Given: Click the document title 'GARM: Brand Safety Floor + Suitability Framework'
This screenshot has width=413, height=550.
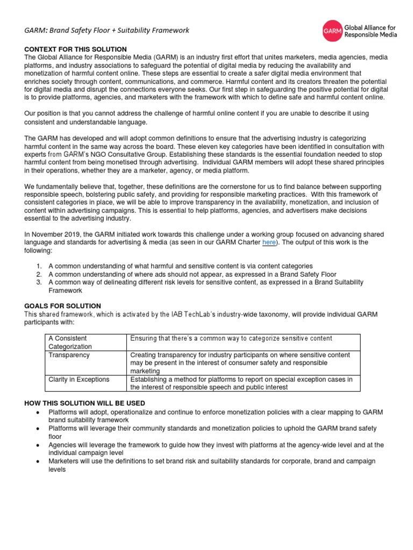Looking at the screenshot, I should tap(107, 31).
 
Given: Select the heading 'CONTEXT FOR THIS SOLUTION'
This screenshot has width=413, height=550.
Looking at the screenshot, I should tap(76, 49).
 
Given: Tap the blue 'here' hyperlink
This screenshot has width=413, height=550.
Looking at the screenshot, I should tap(268, 243).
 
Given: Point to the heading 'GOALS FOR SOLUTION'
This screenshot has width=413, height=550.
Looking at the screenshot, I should tap(62, 306).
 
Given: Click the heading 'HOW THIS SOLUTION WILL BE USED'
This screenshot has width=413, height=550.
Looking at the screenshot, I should tap(85, 403).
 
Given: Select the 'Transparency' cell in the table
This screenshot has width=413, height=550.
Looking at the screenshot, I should tap(69, 356).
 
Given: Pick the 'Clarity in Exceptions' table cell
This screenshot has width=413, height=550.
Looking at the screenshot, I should tap(79, 379).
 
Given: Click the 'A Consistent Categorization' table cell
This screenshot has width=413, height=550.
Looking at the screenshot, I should tap(70, 342).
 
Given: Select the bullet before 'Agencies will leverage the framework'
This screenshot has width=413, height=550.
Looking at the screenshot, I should tap(35, 445).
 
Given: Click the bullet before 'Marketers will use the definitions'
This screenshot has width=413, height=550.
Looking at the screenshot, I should tap(35, 461).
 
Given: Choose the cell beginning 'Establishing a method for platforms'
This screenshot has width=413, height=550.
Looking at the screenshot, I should tap(241, 379).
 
